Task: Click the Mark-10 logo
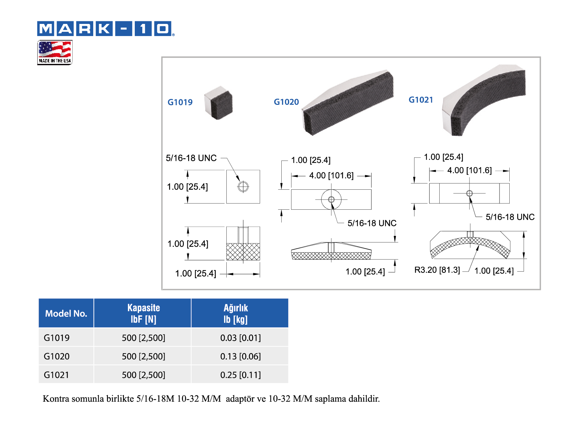tap(106, 29)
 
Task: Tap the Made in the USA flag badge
tap(55, 52)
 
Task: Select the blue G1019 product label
tap(180, 102)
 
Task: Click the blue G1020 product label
tap(286, 102)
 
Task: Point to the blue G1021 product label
tap(421, 100)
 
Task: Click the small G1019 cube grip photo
tap(219, 103)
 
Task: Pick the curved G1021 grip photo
tap(483, 100)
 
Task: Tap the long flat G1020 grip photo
tap(348, 102)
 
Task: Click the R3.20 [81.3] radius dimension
tap(437, 270)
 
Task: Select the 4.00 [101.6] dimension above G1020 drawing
tap(331, 176)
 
